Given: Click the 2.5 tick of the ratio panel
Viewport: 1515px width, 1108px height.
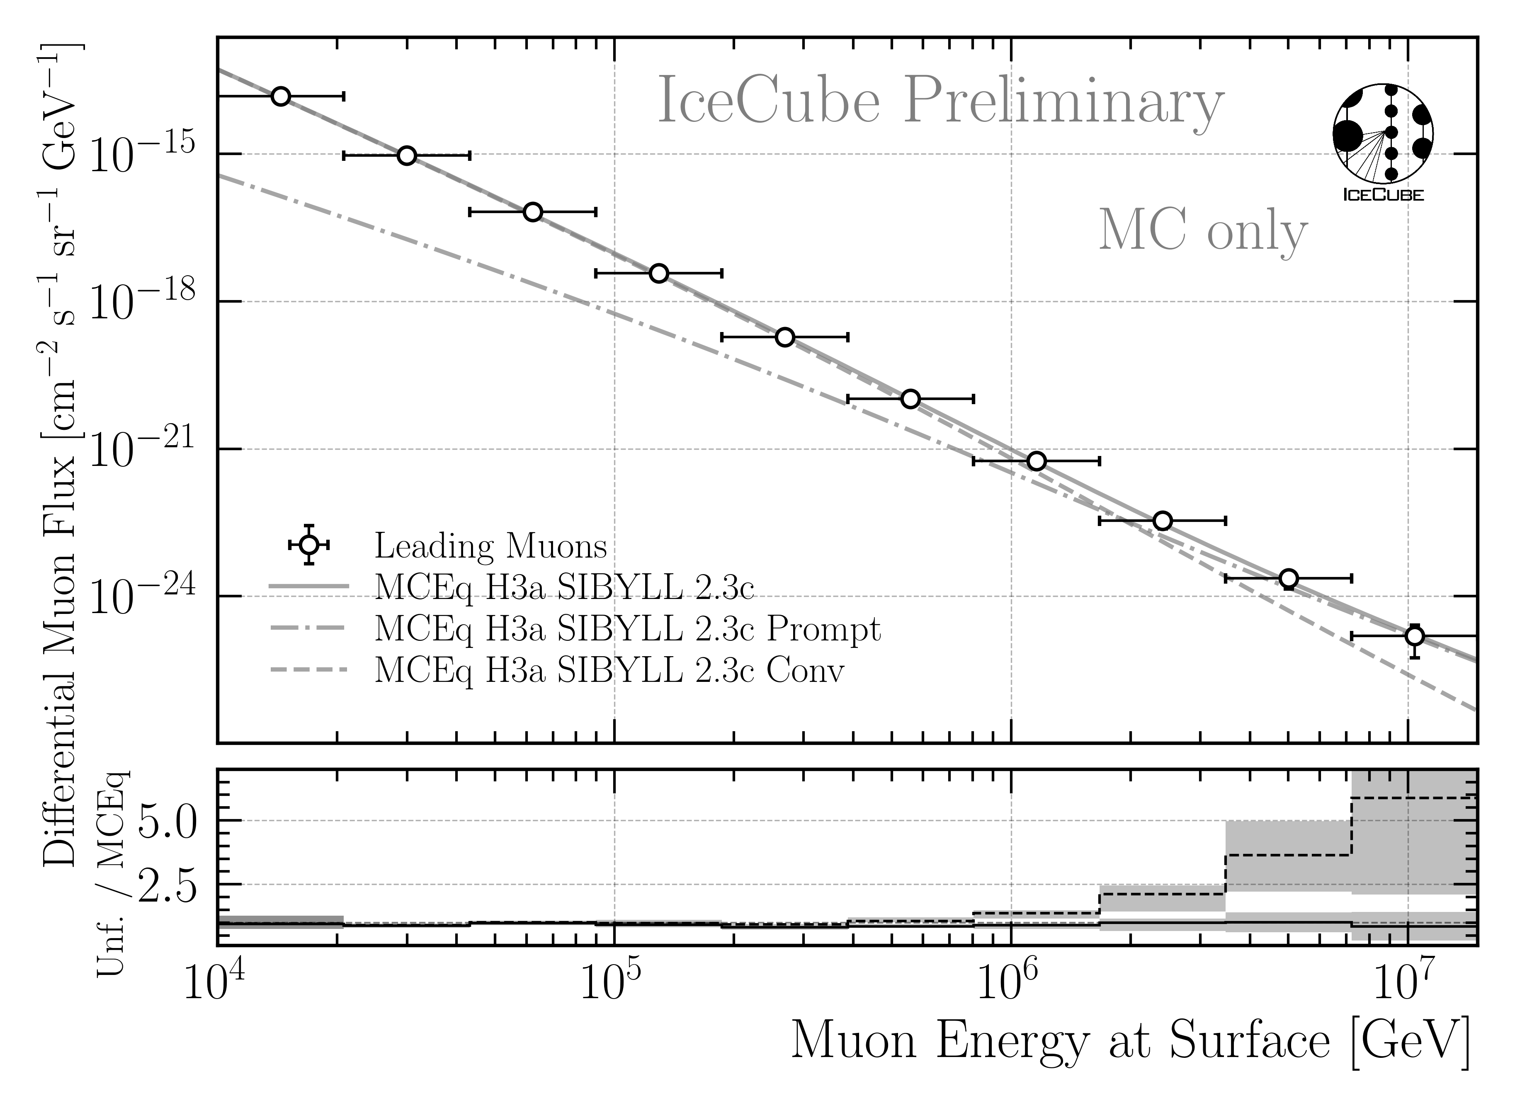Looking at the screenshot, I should [168, 885].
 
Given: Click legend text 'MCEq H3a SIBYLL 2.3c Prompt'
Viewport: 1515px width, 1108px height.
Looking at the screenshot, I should [627, 629].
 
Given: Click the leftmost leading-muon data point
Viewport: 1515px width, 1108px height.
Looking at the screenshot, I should [281, 96].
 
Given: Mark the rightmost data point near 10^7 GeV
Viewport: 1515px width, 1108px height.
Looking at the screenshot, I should [1414, 635].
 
